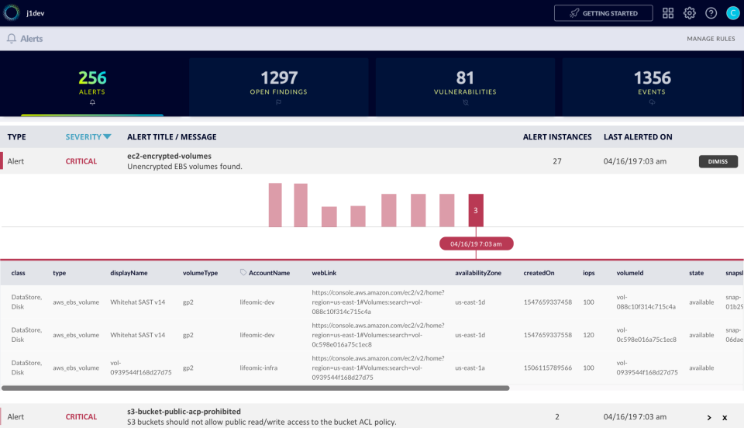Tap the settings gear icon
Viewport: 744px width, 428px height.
click(x=689, y=13)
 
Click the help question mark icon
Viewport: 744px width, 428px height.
click(x=711, y=13)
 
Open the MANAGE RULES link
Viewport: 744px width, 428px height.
click(x=711, y=39)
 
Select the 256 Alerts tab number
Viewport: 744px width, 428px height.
click(x=92, y=78)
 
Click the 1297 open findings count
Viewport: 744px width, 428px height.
click(x=278, y=78)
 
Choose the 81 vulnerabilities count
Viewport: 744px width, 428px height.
click(x=465, y=78)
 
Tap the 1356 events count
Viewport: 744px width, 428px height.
click(x=653, y=78)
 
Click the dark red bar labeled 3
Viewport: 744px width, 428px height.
click(x=476, y=210)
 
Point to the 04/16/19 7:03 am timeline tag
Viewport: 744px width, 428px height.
click(x=476, y=243)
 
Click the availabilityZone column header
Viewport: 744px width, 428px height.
click(x=477, y=273)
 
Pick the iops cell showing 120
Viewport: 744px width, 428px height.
click(x=589, y=335)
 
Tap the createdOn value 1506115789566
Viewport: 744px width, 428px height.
click(x=547, y=368)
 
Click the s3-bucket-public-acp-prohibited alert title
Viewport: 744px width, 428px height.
click(x=184, y=411)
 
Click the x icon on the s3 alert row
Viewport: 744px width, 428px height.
click(x=725, y=417)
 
